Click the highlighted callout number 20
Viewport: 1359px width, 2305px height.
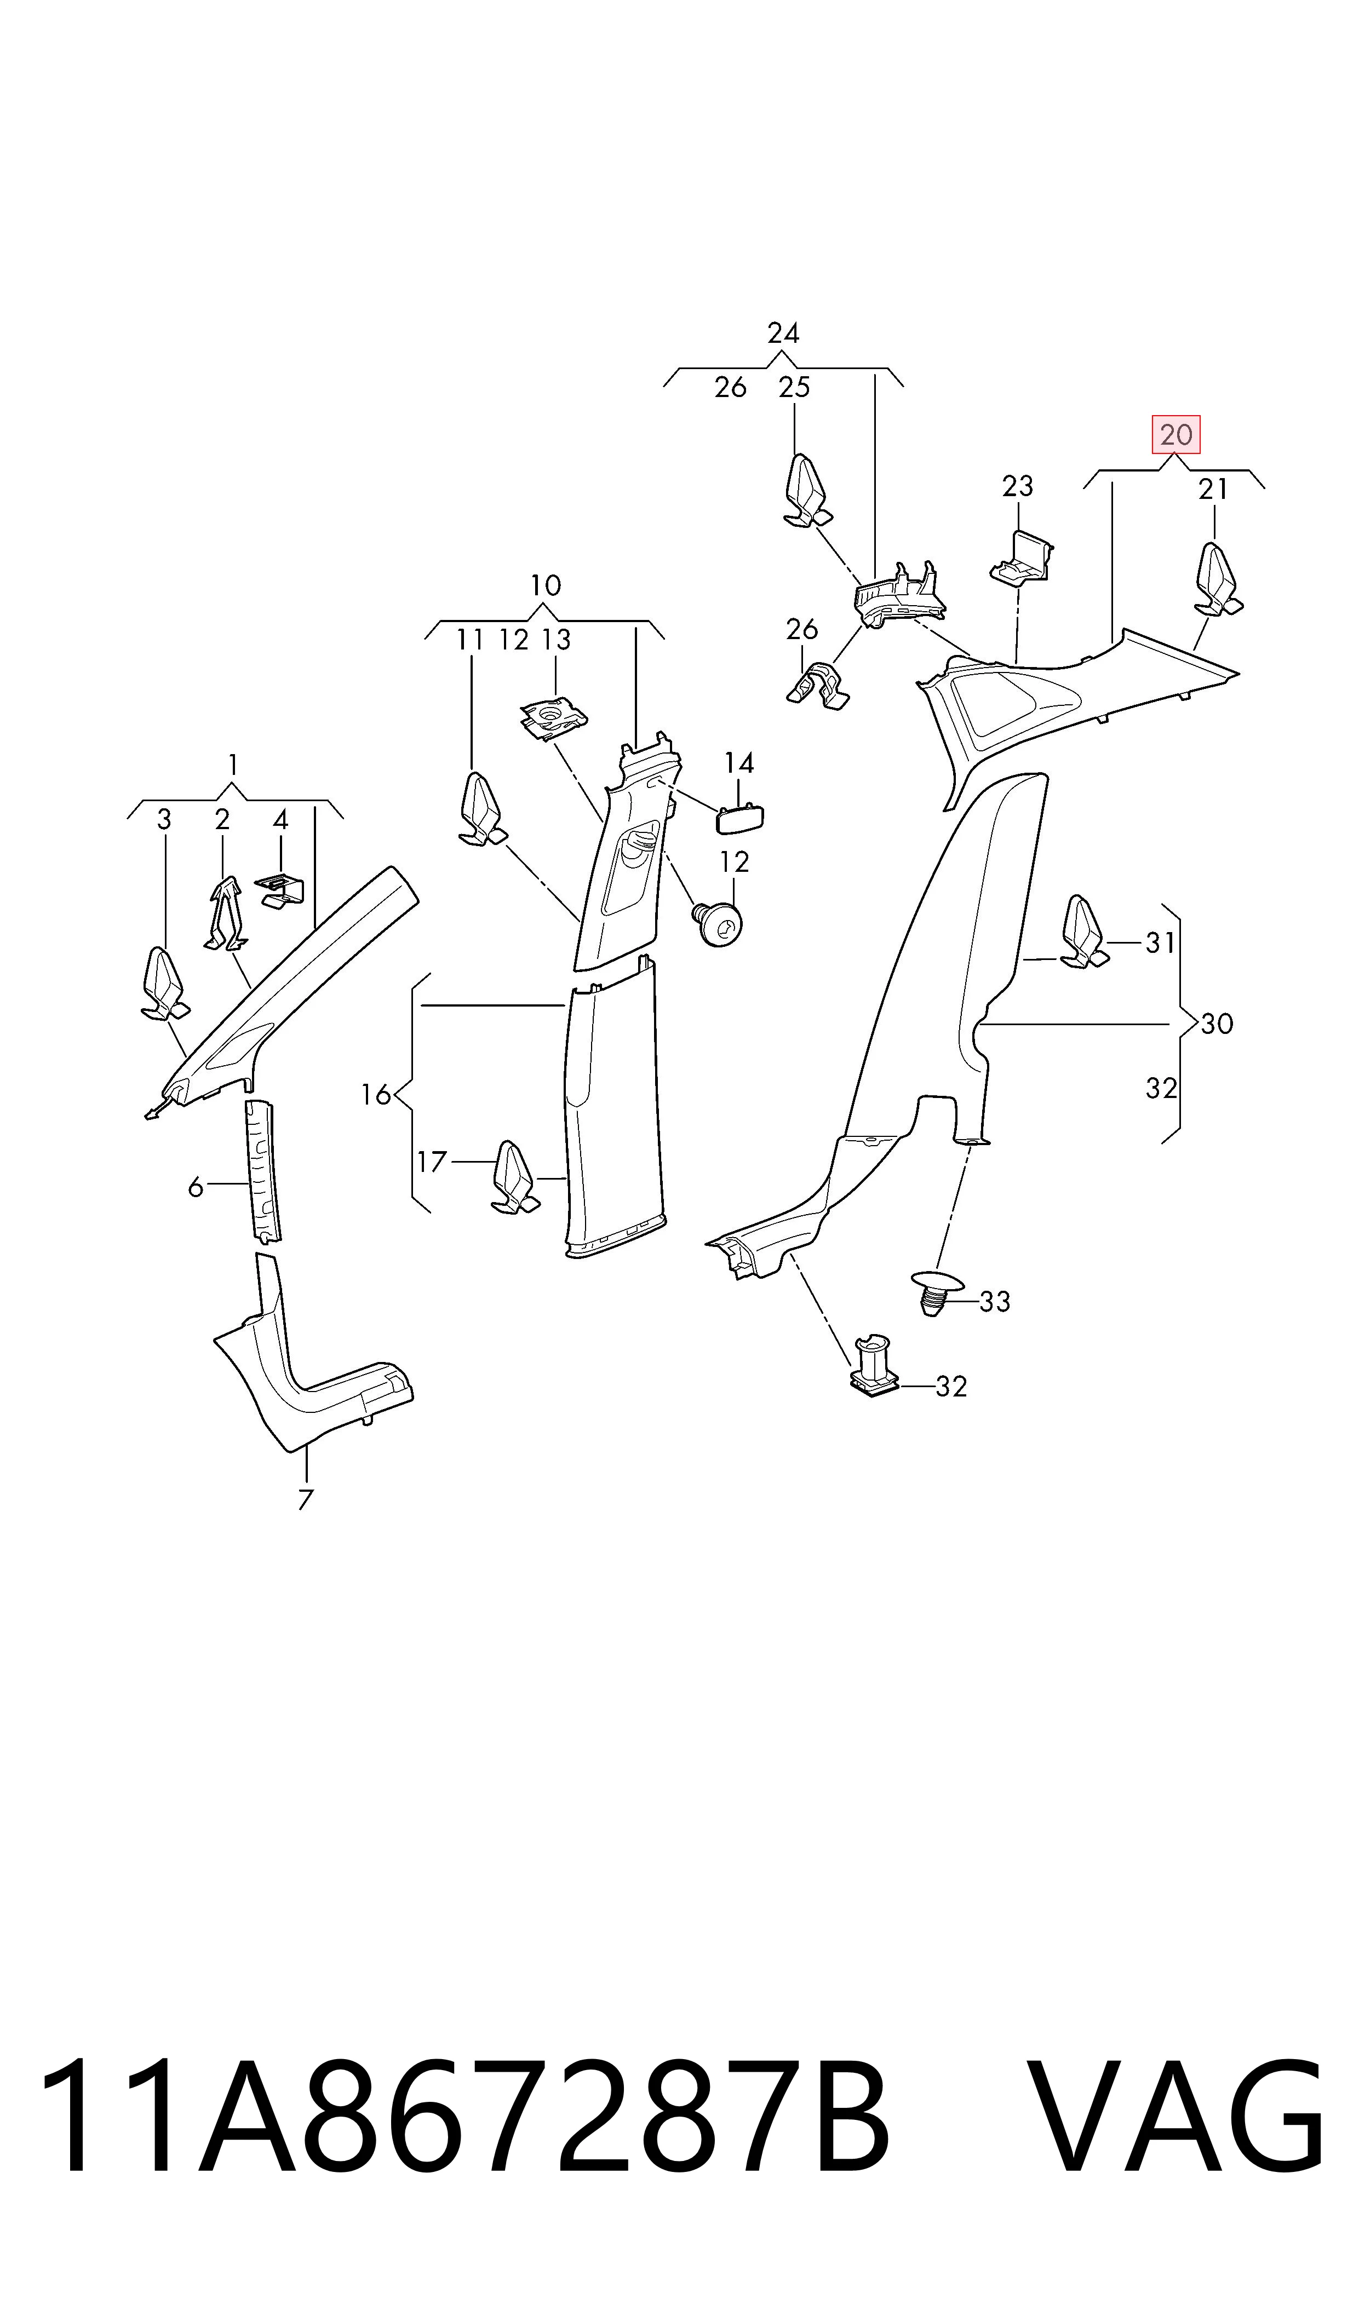tap(1176, 435)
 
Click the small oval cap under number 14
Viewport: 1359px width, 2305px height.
tap(739, 818)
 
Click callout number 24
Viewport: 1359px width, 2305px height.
tap(783, 333)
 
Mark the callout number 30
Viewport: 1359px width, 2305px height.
tap(1216, 1024)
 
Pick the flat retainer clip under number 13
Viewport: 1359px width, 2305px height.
tap(554, 718)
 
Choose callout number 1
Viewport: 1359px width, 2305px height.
tap(233, 764)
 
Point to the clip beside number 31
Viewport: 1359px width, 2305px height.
tap(1084, 932)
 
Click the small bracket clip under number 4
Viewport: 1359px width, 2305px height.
tap(278, 890)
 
